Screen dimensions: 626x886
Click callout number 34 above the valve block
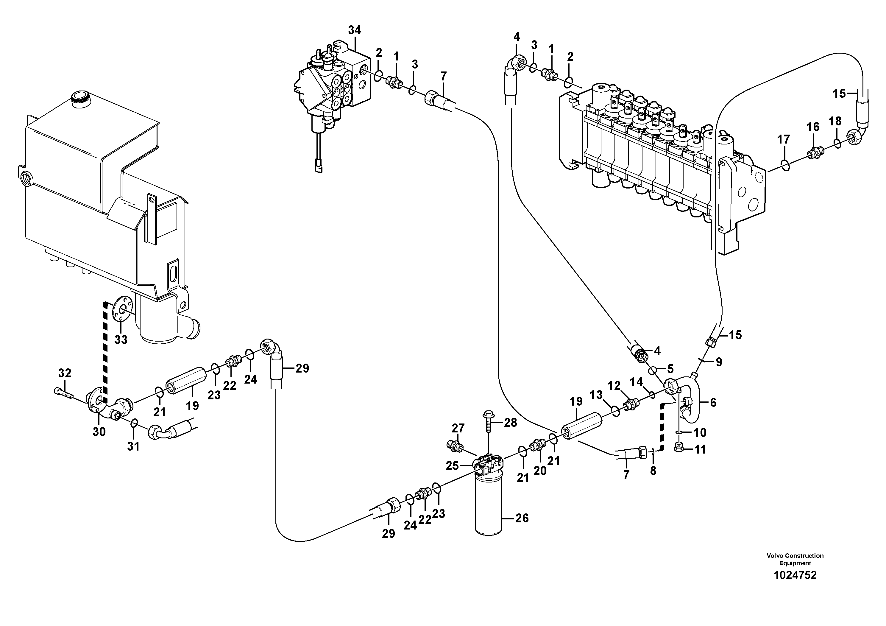pyautogui.click(x=354, y=30)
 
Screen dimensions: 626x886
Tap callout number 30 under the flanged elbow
pyautogui.click(x=99, y=432)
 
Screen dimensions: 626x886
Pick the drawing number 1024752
pyautogui.click(x=795, y=586)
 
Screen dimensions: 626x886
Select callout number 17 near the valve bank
pyautogui.click(x=783, y=139)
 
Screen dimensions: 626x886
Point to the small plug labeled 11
pyautogui.click(x=680, y=447)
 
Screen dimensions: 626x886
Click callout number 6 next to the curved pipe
pyautogui.click(x=713, y=403)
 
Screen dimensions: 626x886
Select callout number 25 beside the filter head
pyautogui.click(x=452, y=466)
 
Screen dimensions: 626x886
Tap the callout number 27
pyautogui.click(x=458, y=428)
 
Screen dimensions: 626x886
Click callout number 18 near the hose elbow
pyautogui.click(x=835, y=121)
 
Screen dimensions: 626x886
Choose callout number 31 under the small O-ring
pyautogui.click(x=133, y=446)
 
